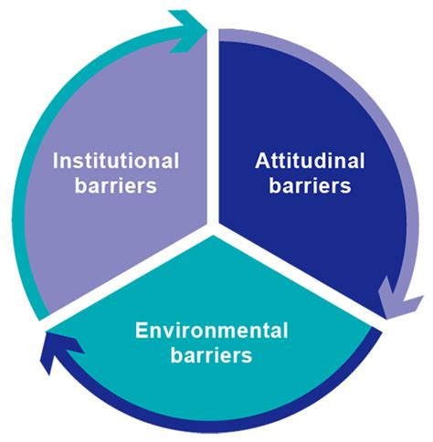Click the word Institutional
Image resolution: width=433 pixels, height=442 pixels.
point(116,161)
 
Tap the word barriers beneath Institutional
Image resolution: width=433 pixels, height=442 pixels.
point(116,184)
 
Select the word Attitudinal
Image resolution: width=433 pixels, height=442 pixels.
point(310,161)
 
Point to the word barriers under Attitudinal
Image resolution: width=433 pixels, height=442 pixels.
point(310,184)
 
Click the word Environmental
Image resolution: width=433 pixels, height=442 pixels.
point(212,331)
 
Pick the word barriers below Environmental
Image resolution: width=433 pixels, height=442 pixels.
point(212,354)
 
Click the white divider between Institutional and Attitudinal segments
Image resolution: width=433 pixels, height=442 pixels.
point(213,128)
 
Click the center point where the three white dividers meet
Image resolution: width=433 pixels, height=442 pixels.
point(213,228)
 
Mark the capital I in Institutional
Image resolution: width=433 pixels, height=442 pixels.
point(55,161)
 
